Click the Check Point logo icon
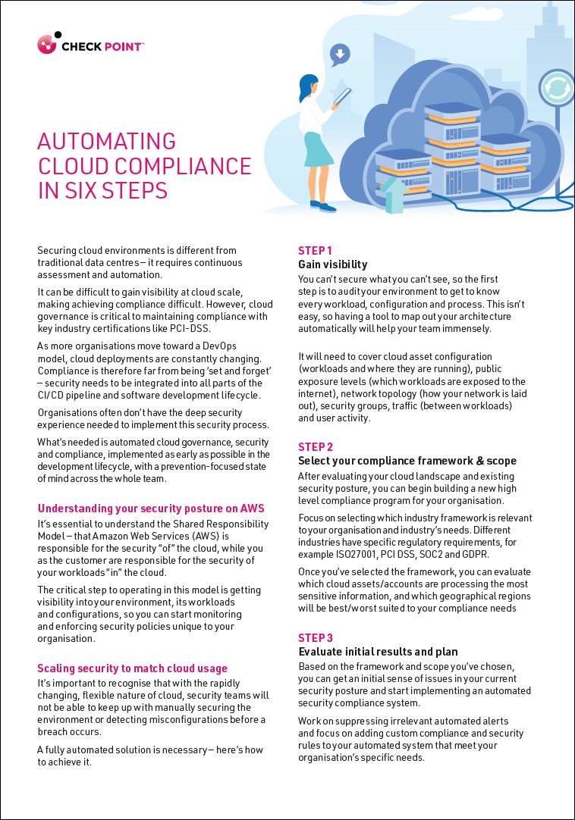pos(48,43)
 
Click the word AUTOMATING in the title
pos(106,142)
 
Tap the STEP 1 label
pos(315,251)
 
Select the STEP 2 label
pos(316,447)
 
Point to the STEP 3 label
pos(316,638)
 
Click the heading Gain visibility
pos(332,264)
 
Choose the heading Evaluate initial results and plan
pos(378,652)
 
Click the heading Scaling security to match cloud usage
pos(132,668)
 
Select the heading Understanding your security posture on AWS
pos(151,509)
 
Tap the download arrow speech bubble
pos(340,54)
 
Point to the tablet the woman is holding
pos(343,98)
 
